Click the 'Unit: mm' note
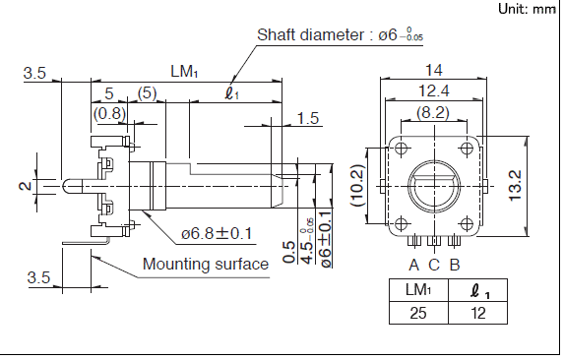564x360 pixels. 527,9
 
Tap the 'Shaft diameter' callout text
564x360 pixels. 310,35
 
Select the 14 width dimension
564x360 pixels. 433,70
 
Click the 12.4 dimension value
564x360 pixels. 434,90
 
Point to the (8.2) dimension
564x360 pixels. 433,113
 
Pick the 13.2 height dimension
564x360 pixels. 515,186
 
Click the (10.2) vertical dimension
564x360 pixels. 358,185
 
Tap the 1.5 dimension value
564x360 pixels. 308,118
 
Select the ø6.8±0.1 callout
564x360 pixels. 217,234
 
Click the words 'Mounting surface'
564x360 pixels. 206,264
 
